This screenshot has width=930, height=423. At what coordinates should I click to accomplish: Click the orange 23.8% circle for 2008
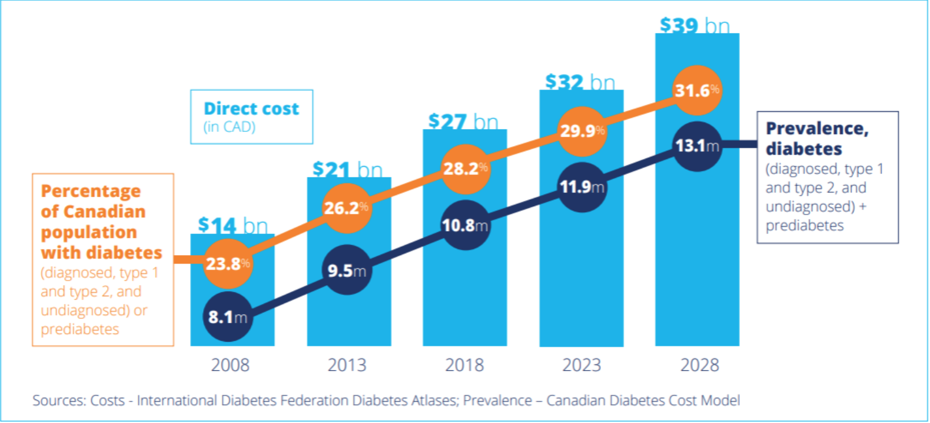click(228, 264)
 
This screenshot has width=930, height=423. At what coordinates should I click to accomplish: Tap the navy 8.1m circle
click(228, 317)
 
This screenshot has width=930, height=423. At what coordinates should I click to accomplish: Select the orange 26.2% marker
click(347, 208)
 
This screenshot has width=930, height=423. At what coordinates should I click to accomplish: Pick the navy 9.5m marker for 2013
click(347, 270)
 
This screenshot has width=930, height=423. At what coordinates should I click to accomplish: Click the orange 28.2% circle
click(466, 169)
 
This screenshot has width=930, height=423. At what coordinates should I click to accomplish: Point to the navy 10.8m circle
click(465, 225)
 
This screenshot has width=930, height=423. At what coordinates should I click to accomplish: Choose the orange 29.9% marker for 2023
click(582, 131)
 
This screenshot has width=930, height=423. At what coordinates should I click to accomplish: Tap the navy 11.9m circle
click(582, 187)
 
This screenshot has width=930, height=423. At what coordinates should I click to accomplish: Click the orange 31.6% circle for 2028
click(697, 90)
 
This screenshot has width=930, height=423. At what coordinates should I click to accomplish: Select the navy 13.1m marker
click(697, 146)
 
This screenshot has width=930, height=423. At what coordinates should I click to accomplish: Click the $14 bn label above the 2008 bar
click(232, 225)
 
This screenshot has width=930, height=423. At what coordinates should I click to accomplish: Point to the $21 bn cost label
click(347, 170)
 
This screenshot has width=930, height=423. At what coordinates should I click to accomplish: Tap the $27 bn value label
click(463, 122)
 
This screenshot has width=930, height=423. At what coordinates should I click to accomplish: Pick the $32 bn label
click(580, 82)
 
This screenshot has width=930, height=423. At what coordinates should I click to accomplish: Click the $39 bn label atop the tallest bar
click(695, 26)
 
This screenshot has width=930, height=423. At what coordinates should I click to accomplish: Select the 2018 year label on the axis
click(464, 365)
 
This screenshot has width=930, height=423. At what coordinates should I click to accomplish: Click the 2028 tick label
click(699, 365)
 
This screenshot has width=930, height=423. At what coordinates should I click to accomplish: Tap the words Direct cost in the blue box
click(251, 109)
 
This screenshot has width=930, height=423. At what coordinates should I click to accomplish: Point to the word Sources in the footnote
click(57, 401)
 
